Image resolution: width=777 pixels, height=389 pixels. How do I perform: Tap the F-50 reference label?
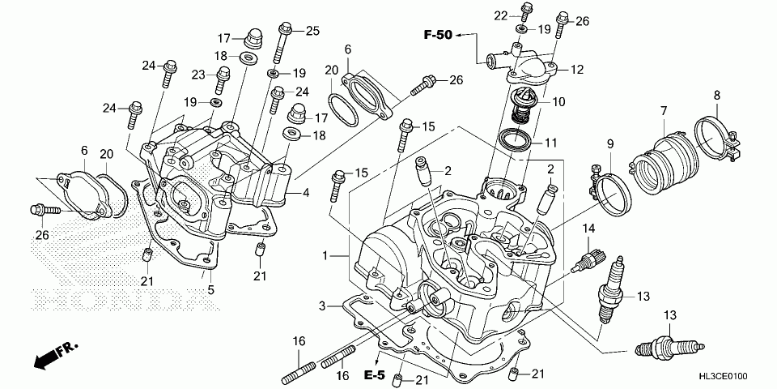pyautogui.click(x=436, y=34)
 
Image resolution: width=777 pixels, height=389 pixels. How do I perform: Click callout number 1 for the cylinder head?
pyautogui.click(x=325, y=256)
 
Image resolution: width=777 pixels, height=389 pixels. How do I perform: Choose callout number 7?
pyautogui.click(x=663, y=111)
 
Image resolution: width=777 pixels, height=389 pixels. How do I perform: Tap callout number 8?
pyautogui.click(x=716, y=96)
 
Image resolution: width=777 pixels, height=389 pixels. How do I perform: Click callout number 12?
pyautogui.click(x=576, y=71)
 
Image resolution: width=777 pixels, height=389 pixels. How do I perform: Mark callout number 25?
pyautogui.click(x=312, y=31)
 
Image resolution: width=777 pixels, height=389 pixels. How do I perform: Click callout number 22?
pyautogui.click(x=500, y=15)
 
